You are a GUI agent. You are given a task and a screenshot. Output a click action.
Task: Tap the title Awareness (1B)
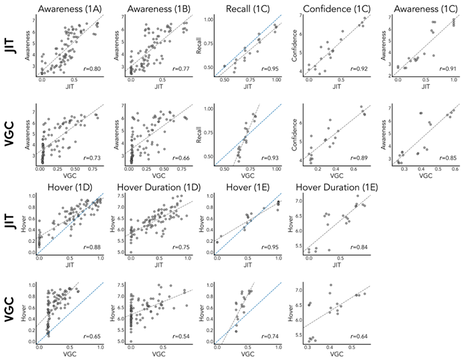156,9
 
